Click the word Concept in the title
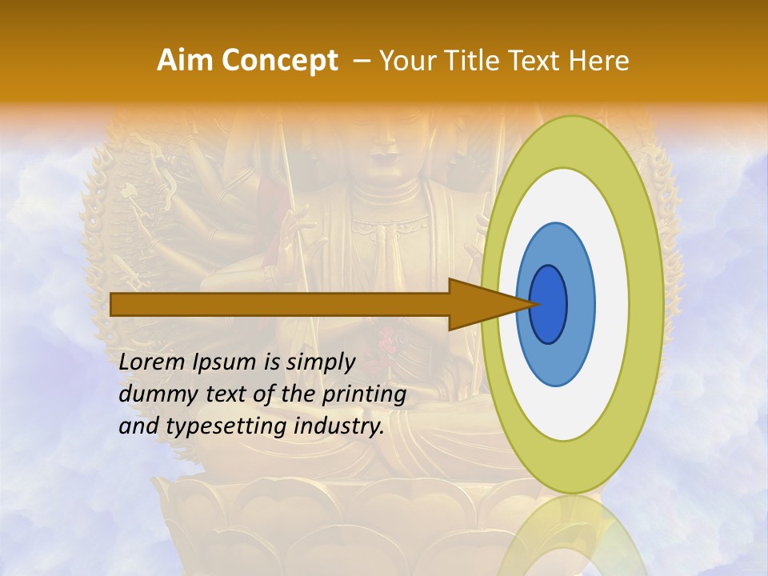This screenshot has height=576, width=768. coord(279,61)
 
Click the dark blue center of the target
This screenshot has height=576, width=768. coord(550,304)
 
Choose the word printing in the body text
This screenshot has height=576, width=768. coord(363,394)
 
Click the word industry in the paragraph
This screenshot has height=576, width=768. coord(339,426)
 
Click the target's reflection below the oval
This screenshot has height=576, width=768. coord(572,536)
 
